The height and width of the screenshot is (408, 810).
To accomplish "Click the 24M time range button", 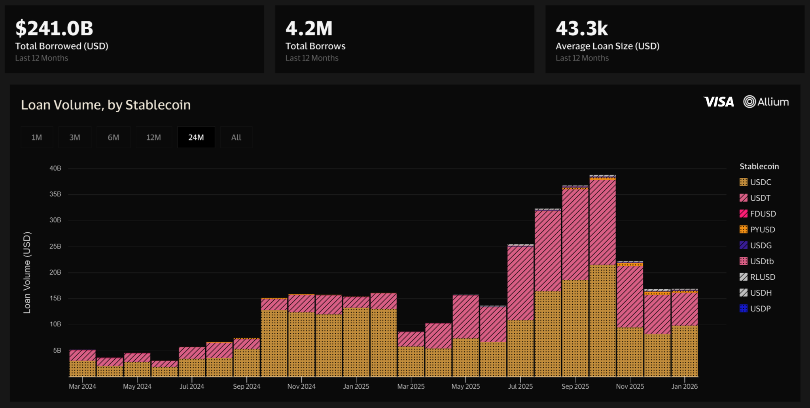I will point(196,137).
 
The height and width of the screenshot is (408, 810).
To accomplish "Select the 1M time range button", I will point(37,137).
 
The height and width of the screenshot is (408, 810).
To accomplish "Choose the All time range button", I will point(236,137).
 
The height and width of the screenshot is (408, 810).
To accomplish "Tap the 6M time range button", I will point(114,137).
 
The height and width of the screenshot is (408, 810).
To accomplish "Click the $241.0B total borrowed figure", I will point(54,28).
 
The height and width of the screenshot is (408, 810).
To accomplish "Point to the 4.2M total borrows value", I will point(309,28).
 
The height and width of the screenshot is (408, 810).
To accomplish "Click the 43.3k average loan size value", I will point(582,28).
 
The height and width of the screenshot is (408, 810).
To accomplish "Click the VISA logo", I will point(719,102).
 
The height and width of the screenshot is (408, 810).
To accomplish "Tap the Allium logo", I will point(766,102).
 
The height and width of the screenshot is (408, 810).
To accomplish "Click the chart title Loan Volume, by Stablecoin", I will point(106,105).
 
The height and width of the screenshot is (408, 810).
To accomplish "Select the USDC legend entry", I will point(756,182).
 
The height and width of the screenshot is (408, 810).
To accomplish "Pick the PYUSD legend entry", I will point(757,230).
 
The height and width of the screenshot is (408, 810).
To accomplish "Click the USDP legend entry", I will point(755,309).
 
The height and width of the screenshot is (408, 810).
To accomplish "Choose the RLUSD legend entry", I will point(757,277).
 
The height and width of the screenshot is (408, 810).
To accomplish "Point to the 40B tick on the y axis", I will point(55,168).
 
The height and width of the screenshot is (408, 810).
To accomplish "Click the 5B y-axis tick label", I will point(57,351).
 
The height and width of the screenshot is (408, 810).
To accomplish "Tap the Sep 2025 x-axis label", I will point(575,386).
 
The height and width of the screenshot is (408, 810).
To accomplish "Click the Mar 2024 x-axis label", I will point(82,386).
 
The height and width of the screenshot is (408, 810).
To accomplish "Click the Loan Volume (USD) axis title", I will point(27,273).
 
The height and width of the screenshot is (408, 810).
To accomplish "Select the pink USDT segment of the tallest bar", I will point(602,222).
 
